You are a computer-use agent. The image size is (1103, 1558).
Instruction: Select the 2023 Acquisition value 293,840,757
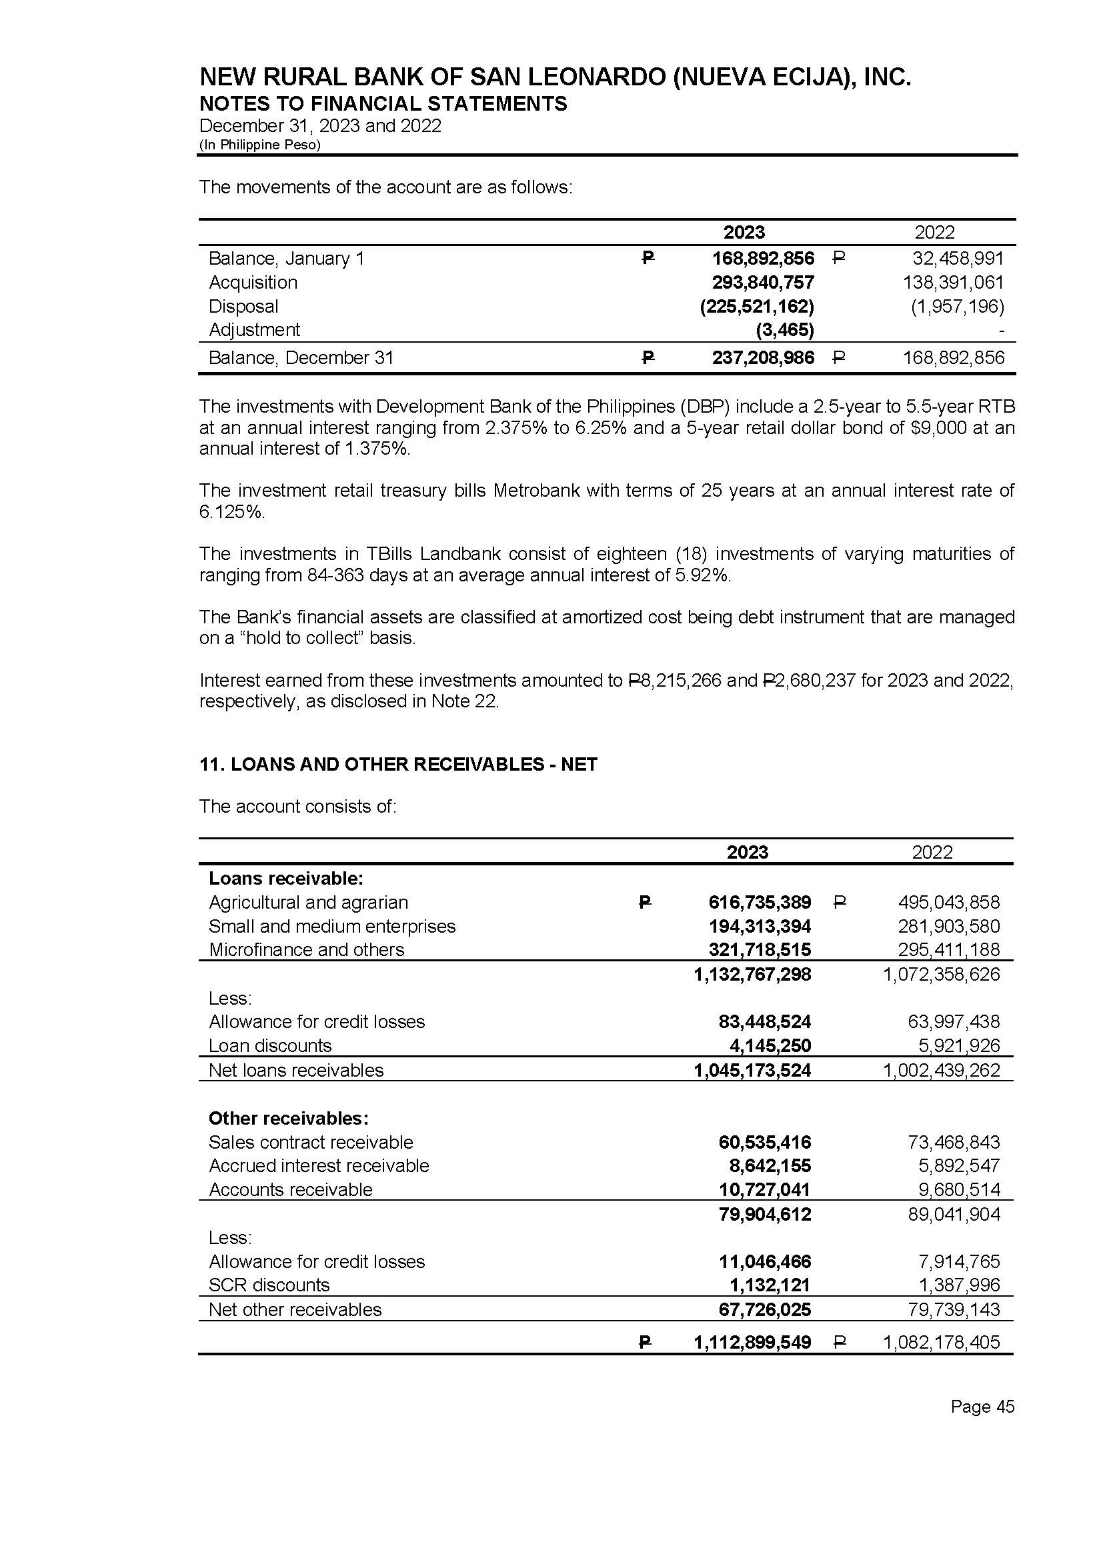tap(763, 283)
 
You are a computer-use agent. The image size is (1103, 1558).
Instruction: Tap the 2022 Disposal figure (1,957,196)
tap(957, 306)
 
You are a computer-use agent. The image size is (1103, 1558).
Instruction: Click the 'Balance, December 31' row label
tap(301, 358)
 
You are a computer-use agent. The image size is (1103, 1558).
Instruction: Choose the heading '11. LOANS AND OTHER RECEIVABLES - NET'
tap(398, 765)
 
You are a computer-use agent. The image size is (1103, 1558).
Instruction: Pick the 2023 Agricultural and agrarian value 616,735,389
tap(760, 902)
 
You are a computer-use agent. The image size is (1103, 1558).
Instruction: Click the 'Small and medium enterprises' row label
tap(332, 926)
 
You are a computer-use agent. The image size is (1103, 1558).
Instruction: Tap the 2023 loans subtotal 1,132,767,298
tap(752, 974)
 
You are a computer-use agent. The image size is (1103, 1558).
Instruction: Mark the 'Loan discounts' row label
tap(270, 1045)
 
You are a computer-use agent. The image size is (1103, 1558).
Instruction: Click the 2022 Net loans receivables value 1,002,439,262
tap(941, 1071)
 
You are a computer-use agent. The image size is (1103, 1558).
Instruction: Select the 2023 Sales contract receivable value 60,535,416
tap(765, 1142)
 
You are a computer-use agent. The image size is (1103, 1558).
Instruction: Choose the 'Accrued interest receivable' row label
tap(319, 1165)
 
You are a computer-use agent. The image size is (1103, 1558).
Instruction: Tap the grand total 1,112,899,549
tap(752, 1342)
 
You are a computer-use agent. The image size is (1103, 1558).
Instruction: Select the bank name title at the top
tap(555, 77)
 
